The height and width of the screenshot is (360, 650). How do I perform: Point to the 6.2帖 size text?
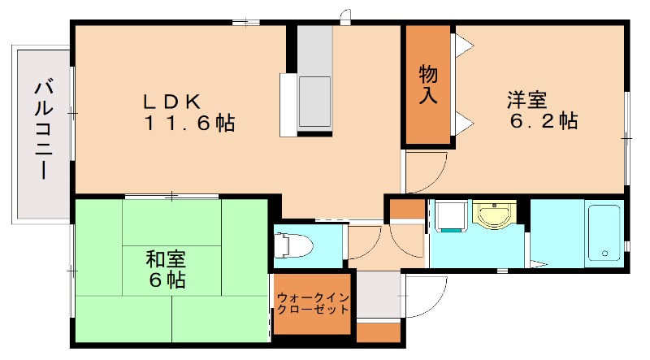(544, 123)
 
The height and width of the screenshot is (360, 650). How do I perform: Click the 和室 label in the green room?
(166, 260)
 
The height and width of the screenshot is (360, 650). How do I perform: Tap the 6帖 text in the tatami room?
(166, 282)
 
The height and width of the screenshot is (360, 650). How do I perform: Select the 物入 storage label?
(428, 85)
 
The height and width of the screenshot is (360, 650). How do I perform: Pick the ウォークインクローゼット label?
(313, 303)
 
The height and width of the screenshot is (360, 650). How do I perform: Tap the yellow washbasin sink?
(492, 217)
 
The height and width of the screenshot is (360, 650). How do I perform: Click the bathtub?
(604, 233)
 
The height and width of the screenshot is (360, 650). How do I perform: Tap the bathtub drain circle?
(604, 254)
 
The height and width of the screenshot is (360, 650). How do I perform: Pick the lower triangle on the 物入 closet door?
(464, 124)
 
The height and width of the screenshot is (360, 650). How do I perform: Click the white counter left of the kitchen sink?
(288, 105)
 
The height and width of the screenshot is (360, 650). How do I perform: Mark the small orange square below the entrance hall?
(378, 332)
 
